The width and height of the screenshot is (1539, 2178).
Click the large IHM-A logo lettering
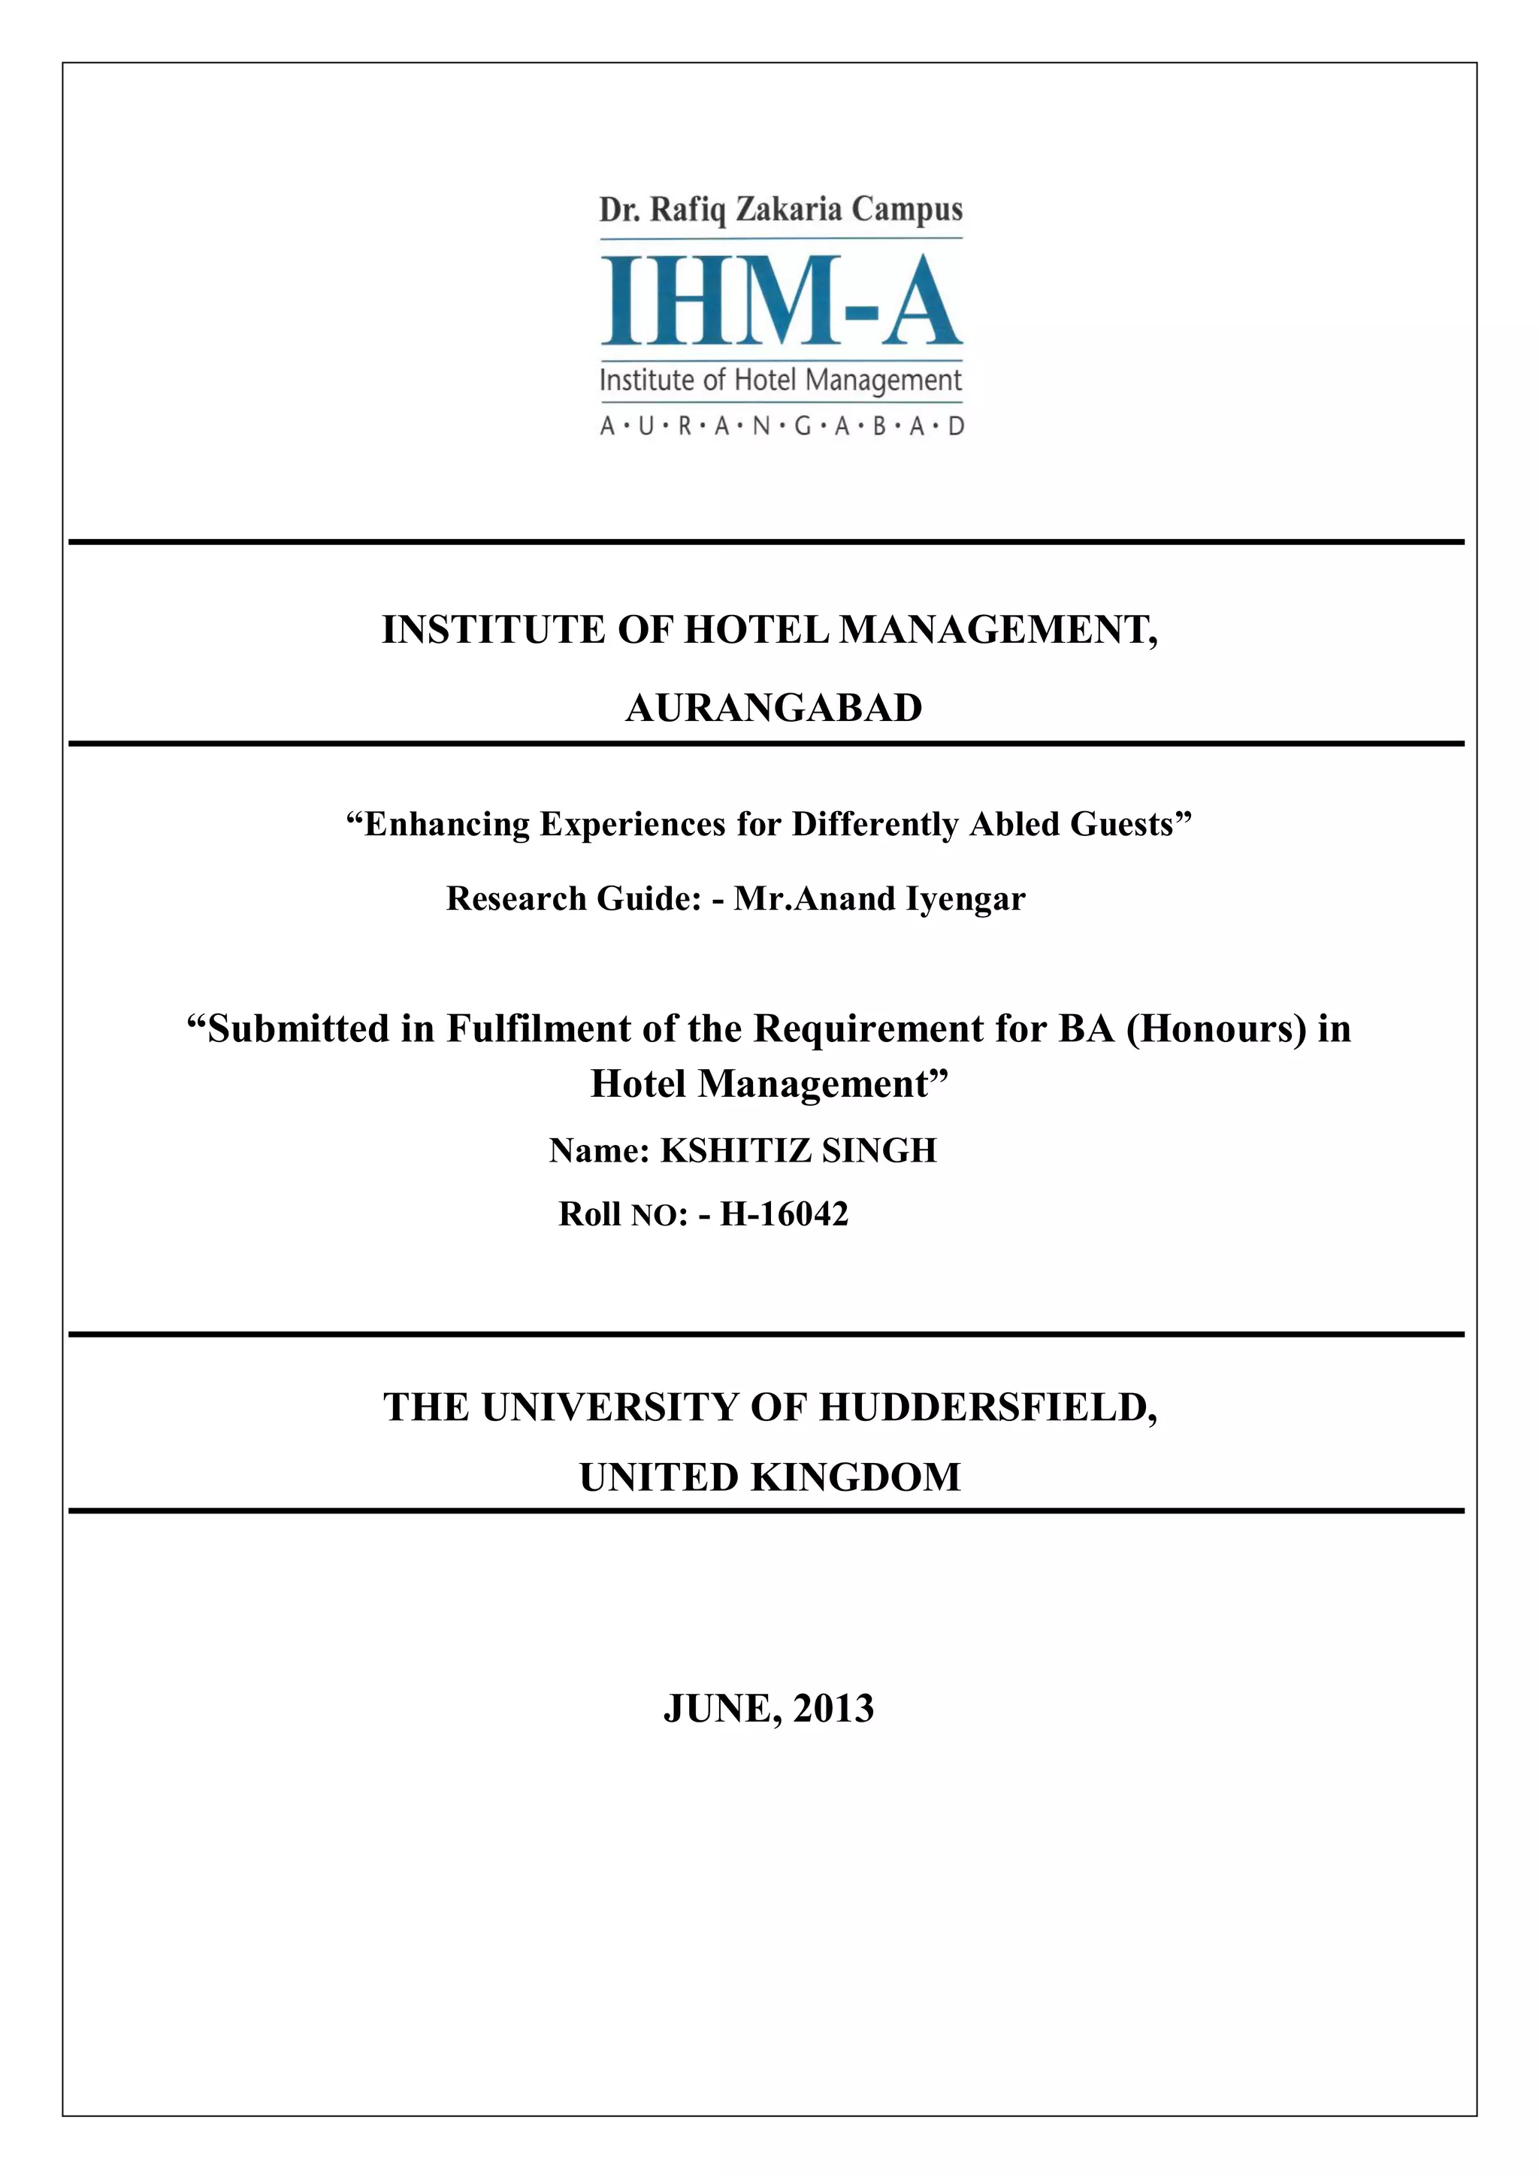pos(781,301)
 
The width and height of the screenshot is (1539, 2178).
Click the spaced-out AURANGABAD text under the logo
pos(782,426)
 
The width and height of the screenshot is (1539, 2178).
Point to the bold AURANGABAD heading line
pos(773,707)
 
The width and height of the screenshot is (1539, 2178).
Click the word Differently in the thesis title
pos(874,824)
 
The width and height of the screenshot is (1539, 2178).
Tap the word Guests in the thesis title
pos(1123,824)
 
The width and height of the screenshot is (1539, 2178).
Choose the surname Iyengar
pos(966,898)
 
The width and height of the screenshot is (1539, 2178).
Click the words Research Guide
pos(573,898)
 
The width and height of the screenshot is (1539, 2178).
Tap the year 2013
pos(833,1708)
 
